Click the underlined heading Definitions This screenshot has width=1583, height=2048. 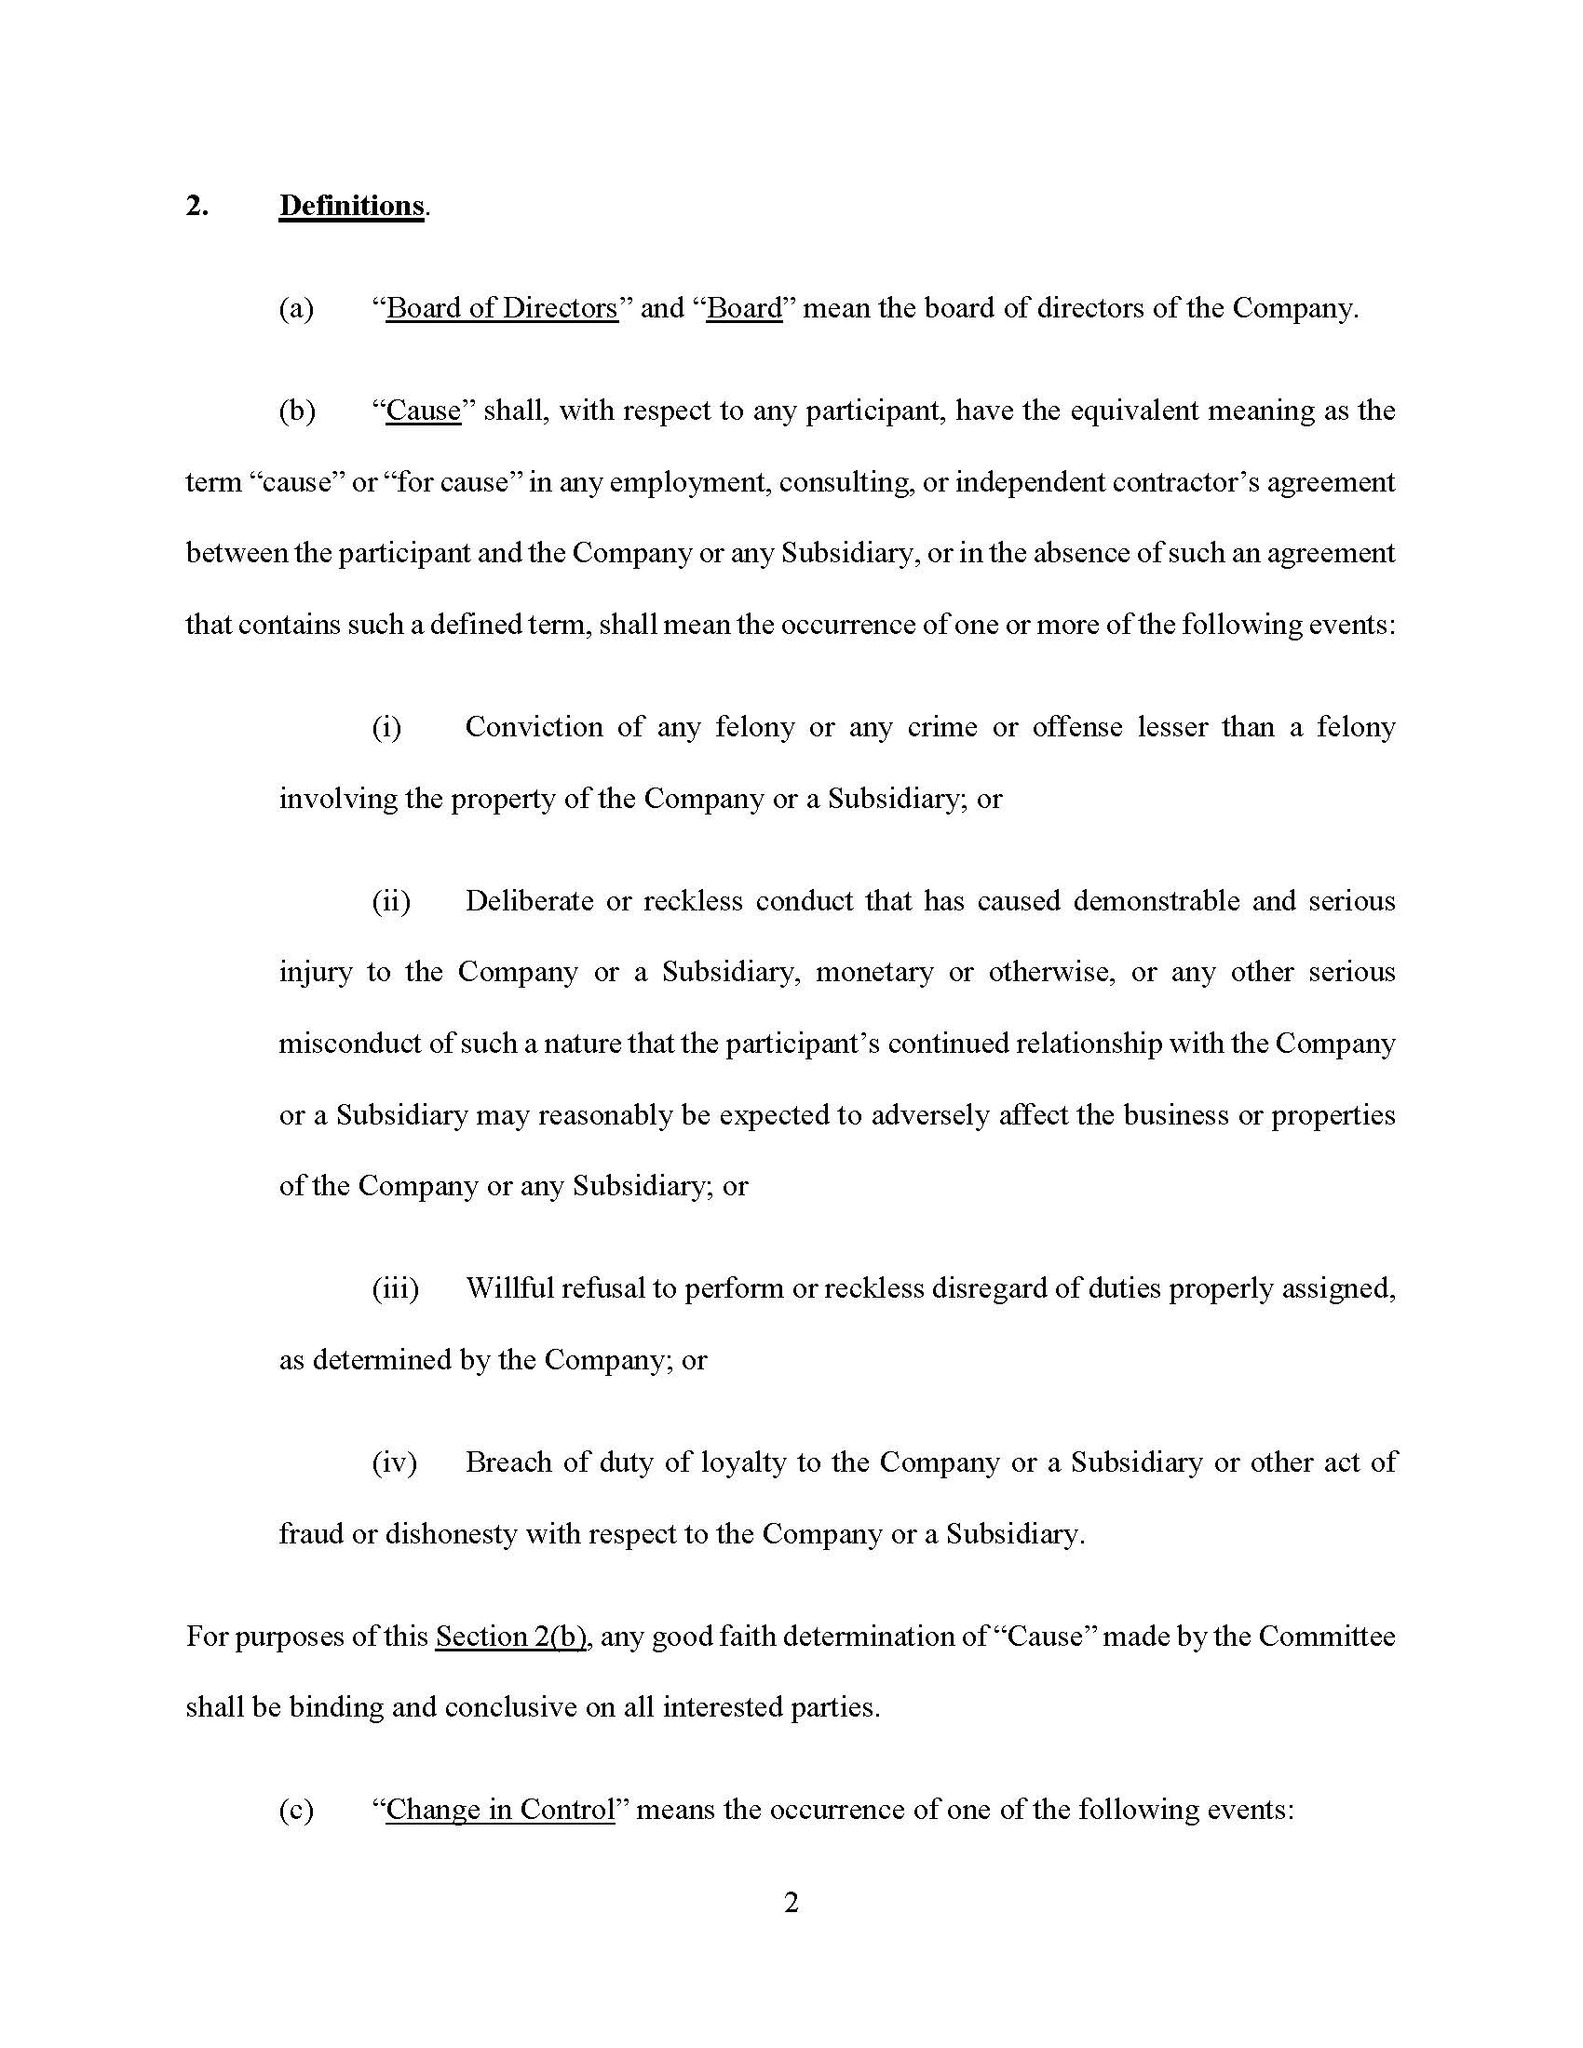[352, 206]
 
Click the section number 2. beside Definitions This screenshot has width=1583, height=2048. [196, 206]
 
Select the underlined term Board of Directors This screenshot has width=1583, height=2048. [502, 308]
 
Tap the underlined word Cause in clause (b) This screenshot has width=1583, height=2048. [423, 411]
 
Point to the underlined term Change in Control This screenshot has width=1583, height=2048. [500, 1809]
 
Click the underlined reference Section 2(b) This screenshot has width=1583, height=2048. [511, 1636]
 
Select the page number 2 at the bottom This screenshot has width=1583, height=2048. [791, 1903]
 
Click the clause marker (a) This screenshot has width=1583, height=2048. [296, 308]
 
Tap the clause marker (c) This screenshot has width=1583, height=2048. [296, 1809]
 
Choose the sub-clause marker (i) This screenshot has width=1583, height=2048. [386, 727]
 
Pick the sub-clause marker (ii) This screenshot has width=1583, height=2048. [391, 901]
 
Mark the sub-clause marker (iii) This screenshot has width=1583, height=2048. [395, 1288]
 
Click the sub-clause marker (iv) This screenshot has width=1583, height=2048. [394, 1462]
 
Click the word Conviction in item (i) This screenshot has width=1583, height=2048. [534, 727]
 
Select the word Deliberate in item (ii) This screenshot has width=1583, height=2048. [528, 901]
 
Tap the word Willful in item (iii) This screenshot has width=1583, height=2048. [506, 1288]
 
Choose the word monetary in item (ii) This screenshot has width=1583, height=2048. [874, 972]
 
